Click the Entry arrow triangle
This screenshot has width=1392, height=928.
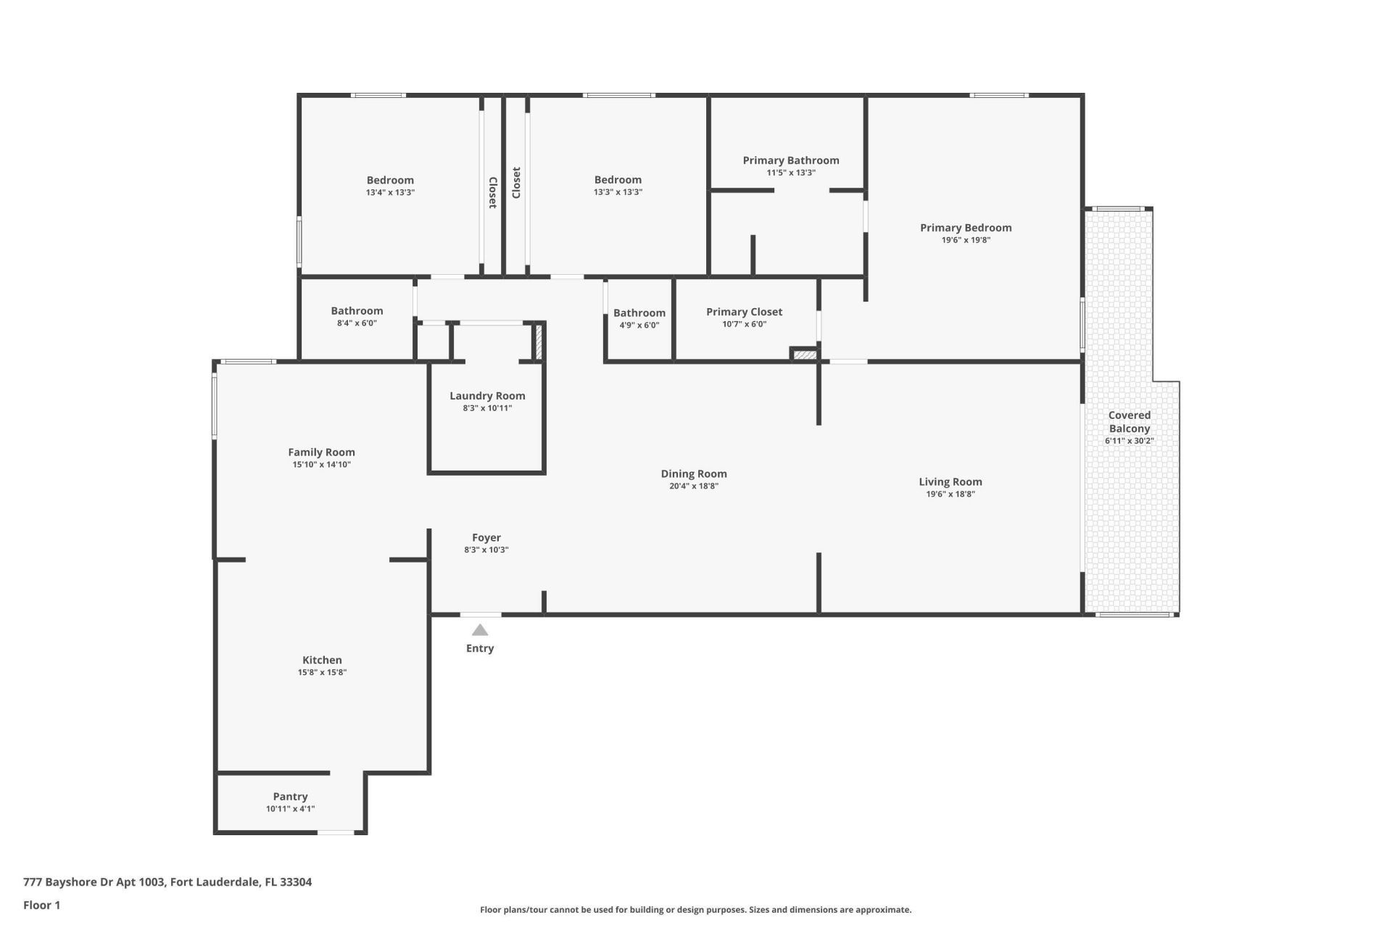480,630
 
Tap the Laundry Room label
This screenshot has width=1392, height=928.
487,396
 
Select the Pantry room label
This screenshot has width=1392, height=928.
290,796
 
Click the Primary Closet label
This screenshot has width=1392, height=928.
744,312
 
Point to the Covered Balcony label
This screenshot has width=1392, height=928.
1129,422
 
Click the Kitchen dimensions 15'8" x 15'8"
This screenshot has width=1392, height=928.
322,673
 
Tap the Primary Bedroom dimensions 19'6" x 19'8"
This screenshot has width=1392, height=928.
966,240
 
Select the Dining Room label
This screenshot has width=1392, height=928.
693,473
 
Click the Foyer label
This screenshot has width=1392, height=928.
486,537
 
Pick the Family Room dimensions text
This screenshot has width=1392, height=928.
321,465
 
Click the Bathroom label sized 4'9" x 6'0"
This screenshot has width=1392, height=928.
639,313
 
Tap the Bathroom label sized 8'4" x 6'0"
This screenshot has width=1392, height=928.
357,310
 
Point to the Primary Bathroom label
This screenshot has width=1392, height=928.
790,160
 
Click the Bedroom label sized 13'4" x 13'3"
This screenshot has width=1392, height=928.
390,180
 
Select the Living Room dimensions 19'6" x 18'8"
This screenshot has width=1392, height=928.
950,494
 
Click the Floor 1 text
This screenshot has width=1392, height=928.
41,905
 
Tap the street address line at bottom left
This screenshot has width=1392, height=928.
167,882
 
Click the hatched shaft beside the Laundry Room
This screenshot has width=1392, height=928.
539,341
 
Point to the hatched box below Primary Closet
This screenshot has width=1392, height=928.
804,355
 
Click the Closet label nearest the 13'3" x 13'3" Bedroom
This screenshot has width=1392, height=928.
516,183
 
